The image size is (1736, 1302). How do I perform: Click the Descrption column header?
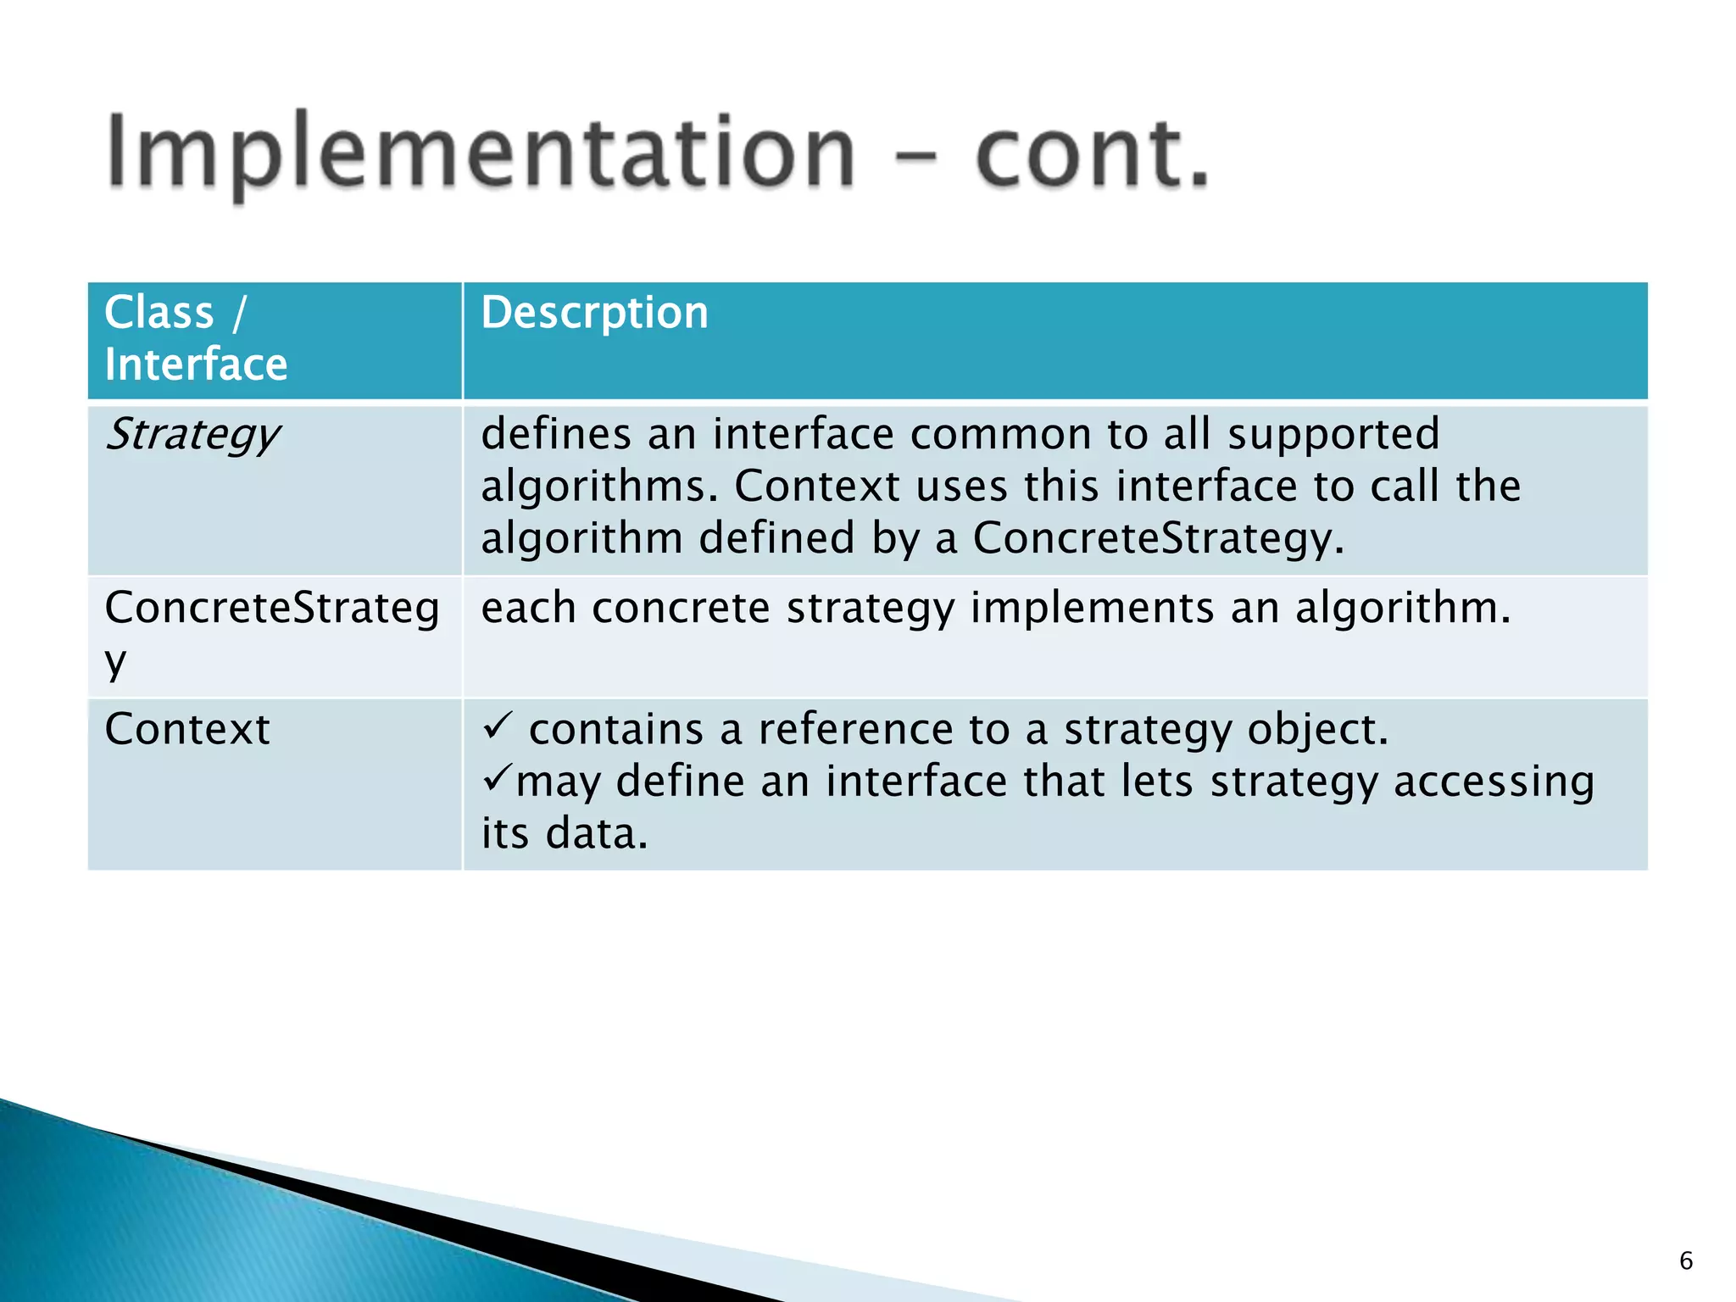click(594, 313)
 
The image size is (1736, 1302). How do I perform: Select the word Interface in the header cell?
click(196, 364)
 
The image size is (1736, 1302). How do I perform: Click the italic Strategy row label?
click(192, 436)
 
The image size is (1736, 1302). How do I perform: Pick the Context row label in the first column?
click(186, 730)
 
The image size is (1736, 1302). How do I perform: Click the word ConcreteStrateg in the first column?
click(271, 609)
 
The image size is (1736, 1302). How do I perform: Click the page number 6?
click(1685, 1261)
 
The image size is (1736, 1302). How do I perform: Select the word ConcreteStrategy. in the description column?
click(1158, 539)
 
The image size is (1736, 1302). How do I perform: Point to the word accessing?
click(1494, 782)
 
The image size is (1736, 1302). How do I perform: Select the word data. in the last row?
click(597, 833)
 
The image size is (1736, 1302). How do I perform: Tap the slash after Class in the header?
click(239, 313)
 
